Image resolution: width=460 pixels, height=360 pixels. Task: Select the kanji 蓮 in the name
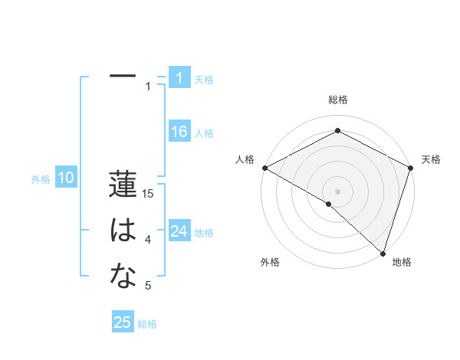click(x=123, y=185)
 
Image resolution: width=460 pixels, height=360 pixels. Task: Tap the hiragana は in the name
click(x=123, y=231)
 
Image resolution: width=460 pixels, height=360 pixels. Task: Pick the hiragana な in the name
click(x=123, y=277)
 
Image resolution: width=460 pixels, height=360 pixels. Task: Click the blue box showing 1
click(x=179, y=77)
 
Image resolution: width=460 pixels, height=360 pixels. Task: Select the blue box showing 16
click(x=179, y=132)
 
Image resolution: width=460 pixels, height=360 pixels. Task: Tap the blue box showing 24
click(x=179, y=231)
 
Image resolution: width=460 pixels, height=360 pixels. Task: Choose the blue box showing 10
click(x=66, y=178)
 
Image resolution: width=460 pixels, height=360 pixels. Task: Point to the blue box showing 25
click(x=123, y=322)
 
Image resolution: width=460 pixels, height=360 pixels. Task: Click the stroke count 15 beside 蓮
click(x=149, y=194)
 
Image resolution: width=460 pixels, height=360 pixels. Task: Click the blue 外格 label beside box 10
click(x=41, y=179)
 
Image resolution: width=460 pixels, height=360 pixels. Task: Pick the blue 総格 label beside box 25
click(x=147, y=324)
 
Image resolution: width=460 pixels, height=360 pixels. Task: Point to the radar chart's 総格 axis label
click(x=337, y=100)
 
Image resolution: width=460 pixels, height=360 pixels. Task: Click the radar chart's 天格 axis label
click(x=431, y=159)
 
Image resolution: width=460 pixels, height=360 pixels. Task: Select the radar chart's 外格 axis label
click(x=270, y=262)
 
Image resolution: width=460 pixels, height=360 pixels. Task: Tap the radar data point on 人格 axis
click(x=264, y=168)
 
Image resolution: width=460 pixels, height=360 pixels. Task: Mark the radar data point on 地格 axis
click(x=383, y=252)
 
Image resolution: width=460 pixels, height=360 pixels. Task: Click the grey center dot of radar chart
click(x=337, y=191)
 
